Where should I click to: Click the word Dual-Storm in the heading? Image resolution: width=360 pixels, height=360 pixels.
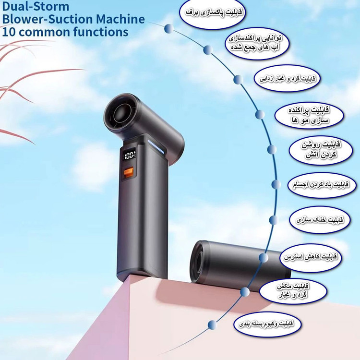[36, 6]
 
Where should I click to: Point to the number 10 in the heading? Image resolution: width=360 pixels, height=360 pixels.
[9, 32]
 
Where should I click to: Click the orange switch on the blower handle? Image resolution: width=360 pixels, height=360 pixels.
[128, 173]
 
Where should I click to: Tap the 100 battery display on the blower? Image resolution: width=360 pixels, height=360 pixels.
[129, 155]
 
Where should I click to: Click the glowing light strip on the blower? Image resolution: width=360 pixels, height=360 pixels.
[156, 147]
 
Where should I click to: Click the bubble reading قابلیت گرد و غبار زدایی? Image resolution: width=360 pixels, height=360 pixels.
[287, 79]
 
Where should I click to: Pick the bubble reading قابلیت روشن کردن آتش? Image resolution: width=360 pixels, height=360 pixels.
[321, 151]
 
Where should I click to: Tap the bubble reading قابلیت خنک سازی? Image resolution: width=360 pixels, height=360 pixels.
[319, 220]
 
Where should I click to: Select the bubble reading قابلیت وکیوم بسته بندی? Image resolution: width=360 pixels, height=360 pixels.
[267, 324]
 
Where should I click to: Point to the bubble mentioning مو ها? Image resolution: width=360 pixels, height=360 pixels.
[309, 116]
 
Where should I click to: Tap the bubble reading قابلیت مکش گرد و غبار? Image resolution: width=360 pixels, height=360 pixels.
[293, 291]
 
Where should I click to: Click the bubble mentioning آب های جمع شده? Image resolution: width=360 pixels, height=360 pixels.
[257, 44]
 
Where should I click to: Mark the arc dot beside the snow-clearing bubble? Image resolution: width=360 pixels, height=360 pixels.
[169, 29]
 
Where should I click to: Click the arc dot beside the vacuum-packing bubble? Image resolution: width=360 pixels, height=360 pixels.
[212, 324]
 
